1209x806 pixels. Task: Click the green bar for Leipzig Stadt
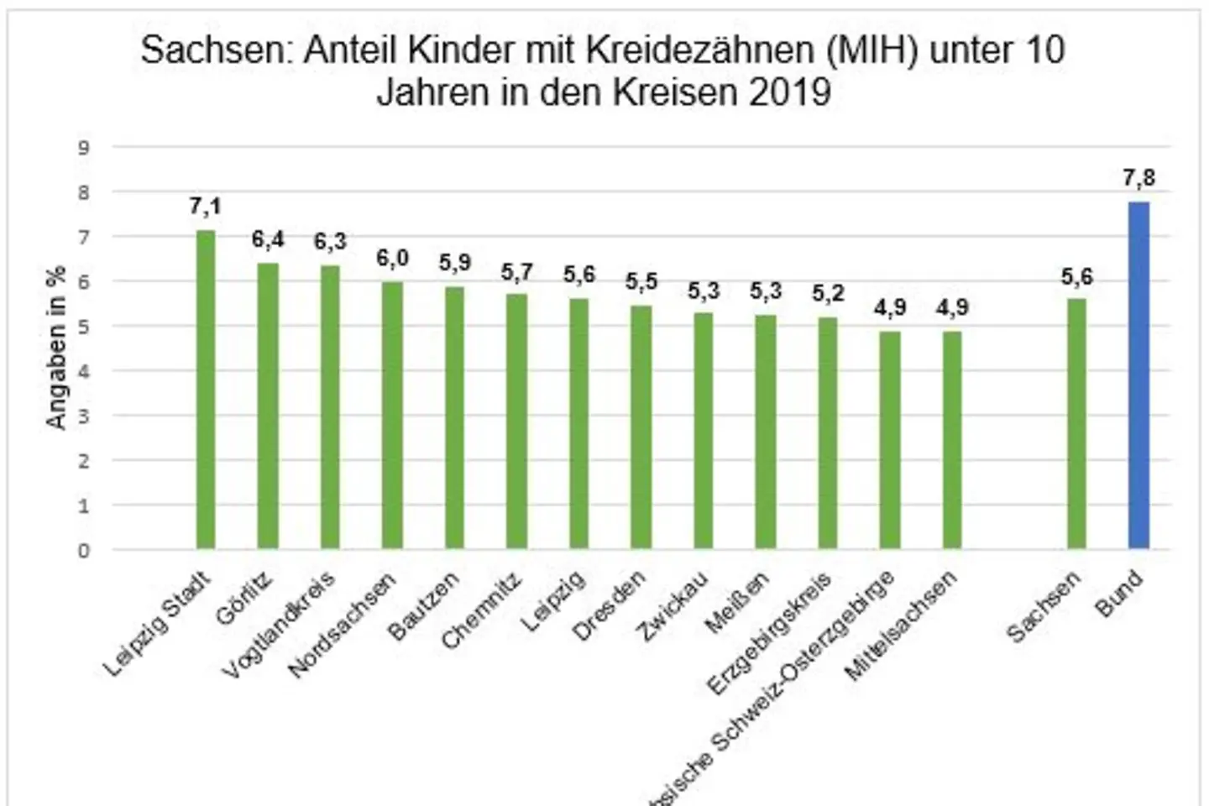click(x=206, y=390)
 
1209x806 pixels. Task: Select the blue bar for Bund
click(x=1138, y=376)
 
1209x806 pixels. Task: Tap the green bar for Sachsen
click(x=1076, y=424)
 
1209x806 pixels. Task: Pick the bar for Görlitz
click(x=268, y=406)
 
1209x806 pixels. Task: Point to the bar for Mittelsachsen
click(x=952, y=440)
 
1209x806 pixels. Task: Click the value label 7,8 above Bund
click(x=1138, y=178)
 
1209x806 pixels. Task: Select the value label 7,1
click(x=206, y=207)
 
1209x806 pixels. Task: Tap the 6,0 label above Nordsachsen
click(x=392, y=258)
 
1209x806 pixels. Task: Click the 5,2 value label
click(x=828, y=293)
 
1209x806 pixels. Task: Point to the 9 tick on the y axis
click(x=84, y=148)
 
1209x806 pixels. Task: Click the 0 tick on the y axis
click(x=84, y=551)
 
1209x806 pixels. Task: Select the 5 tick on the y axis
click(x=84, y=327)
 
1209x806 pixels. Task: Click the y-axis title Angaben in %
click(x=56, y=348)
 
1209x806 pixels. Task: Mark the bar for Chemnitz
click(x=516, y=421)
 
